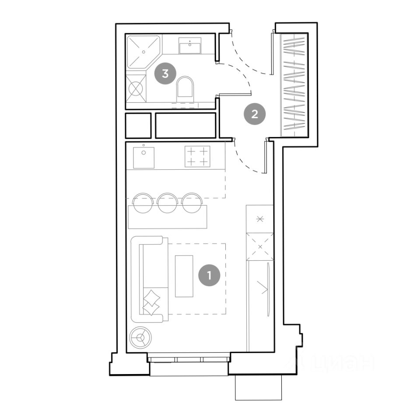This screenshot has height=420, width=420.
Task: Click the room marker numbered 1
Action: pos(209,275)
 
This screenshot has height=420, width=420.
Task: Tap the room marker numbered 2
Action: pos(255,114)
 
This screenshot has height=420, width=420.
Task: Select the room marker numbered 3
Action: pos(165,73)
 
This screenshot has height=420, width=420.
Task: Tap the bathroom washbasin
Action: pos(189,45)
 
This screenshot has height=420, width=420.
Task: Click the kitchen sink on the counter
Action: pos(143,157)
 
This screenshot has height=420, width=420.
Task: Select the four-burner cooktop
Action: pos(197,157)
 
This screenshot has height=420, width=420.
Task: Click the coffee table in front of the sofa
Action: pos(184,276)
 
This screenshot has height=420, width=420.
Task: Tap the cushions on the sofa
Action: pos(151,302)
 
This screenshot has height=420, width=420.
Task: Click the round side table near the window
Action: pos(140,337)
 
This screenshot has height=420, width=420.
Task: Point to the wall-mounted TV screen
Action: pos(268,289)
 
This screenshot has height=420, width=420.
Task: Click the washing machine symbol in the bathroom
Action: pos(136,88)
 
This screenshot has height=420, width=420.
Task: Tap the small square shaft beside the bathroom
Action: pos(138,126)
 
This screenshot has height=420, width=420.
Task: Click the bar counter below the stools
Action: pos(168,217)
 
